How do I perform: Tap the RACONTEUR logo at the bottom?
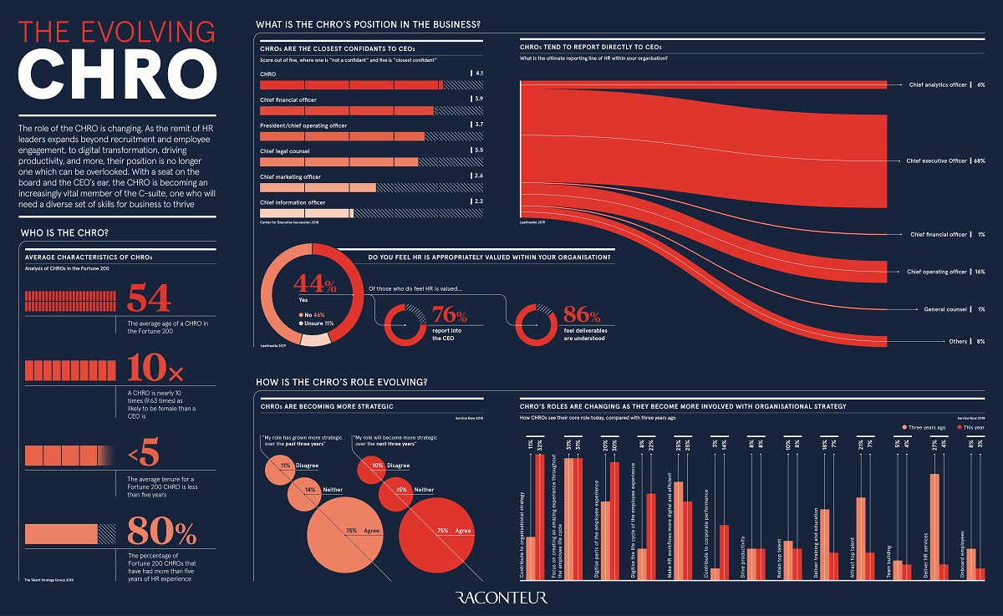coord(501,597)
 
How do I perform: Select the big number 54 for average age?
coord(149,298)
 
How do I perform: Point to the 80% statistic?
coord(161,532)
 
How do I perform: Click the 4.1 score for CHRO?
coord(477,74)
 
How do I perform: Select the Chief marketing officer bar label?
coord(290,177)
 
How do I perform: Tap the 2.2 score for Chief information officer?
coord(477,202)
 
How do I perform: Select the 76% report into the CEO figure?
coord(450,316)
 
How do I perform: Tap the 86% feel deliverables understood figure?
coord(581,316)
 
